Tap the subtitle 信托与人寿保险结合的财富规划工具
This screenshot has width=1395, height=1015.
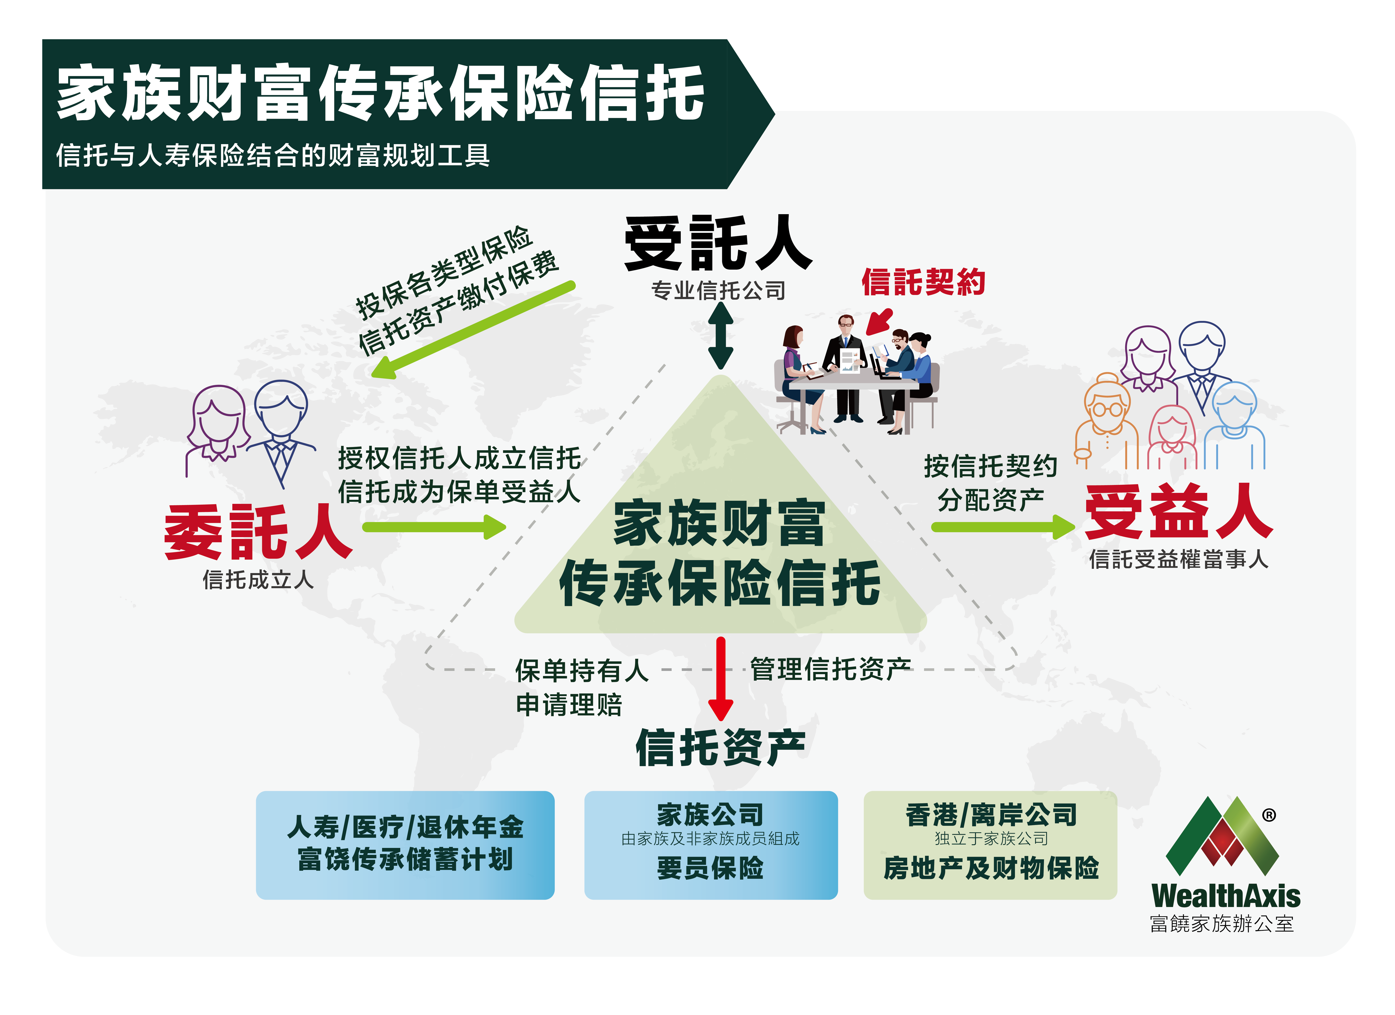click(x=273, y=155)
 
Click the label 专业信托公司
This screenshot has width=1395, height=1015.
click(x=719, y=290)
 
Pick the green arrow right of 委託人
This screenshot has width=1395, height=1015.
click(x=434, y=527)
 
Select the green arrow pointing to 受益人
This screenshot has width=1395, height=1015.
click(x=1003, y=527)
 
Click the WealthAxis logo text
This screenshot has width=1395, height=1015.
click(x=1226, y=896)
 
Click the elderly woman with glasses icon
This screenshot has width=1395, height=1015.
click(x=1107, y=422)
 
